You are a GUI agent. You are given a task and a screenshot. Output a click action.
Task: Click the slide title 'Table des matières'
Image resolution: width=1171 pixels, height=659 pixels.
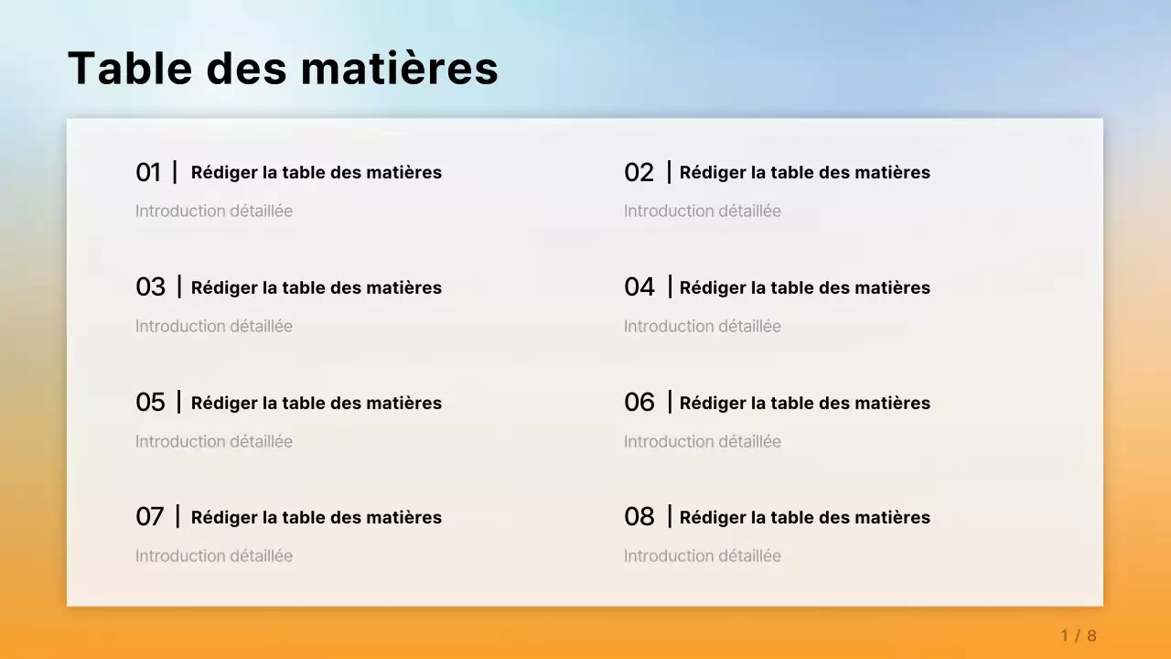(x=283, y=69)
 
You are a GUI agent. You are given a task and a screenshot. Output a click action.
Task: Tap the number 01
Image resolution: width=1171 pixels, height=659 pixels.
(x=148, y=172)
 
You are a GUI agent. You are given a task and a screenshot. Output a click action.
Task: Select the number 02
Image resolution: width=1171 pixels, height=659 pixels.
(x=639, y=172)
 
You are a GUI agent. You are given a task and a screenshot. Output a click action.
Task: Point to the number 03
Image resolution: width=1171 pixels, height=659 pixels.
(x=151, y=287)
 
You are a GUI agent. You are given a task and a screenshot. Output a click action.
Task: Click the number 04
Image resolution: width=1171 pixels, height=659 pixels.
(x=639, y=287)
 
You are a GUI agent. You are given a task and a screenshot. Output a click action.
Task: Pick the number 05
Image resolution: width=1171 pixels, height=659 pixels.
(x=151, y=403)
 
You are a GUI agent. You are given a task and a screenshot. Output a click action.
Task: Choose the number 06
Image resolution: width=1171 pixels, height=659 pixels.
(x=639, y=403)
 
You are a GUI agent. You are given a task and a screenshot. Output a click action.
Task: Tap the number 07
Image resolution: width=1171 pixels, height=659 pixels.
(x=150, y=517)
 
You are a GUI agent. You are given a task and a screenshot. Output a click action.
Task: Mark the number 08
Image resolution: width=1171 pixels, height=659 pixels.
(x=639, y=517)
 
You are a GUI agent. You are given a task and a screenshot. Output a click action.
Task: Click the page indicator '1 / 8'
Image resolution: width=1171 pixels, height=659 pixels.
(x=1079, y=635)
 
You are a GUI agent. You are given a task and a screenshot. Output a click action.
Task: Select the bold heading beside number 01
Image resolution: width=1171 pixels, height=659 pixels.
(x=317, y=172)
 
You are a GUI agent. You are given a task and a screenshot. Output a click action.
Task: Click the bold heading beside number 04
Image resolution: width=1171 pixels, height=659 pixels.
(x=805, y=287)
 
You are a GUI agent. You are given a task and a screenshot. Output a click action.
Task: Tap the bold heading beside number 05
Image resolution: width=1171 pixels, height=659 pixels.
(x=317, y=403)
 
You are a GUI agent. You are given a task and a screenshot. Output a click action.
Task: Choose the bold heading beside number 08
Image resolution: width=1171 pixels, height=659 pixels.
(x=805, y=517)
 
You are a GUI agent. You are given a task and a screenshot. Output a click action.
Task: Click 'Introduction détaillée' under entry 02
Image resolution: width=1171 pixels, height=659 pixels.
(x=703, y=211)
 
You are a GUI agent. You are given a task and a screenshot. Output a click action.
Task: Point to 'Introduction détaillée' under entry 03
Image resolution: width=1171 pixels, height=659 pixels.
(x=214, y=327)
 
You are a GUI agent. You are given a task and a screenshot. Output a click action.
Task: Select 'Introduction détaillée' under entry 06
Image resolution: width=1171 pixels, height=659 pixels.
(x=703, y=442)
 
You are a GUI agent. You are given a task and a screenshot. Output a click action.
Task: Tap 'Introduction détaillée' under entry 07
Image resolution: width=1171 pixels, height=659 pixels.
(x=214, y=556)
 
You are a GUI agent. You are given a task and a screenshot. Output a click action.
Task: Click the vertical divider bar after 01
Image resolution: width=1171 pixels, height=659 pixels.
(x=175, y=171)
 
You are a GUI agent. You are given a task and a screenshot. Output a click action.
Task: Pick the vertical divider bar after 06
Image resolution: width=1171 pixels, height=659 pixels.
(x=670, y=402)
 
